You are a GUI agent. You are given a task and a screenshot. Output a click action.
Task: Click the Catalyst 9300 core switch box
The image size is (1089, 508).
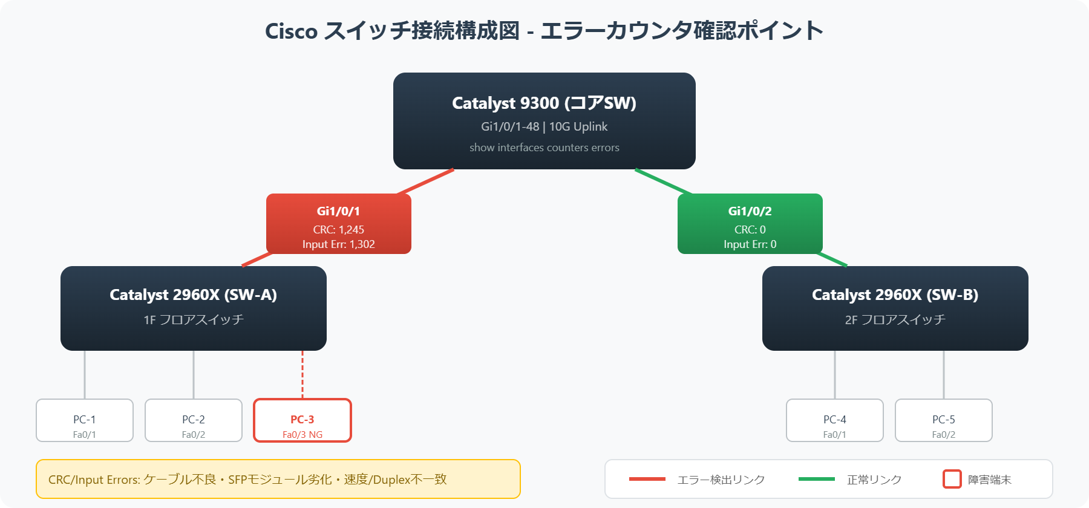(544, 121)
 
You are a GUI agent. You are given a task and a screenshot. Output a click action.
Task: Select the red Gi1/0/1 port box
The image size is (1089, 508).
(338, 224)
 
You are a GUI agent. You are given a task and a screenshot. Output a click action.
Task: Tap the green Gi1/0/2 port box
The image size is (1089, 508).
(750, 224)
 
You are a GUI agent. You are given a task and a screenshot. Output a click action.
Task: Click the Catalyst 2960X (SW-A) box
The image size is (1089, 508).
(193, 308)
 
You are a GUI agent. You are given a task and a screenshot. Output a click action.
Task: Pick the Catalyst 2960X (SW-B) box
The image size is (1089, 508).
(895, 308)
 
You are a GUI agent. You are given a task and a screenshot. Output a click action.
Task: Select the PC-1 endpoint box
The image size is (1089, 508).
(85, 420)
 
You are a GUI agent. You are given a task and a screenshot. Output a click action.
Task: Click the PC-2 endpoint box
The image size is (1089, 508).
(194, 420)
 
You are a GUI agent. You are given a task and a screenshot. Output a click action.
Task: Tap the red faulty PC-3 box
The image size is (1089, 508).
(302, 420)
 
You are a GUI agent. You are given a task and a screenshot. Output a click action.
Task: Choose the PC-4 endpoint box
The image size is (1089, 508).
(834, 420)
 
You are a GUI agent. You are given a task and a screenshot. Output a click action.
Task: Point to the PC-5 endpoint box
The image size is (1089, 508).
(943, 420)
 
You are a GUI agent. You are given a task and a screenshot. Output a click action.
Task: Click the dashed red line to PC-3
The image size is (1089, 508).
(302, 375)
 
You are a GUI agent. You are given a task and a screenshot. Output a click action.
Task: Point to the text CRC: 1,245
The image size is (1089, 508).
(338, 230)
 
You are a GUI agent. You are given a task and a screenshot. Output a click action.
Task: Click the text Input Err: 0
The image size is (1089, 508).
(750, 244)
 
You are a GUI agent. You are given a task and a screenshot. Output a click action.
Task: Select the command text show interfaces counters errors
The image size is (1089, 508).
(544, 148)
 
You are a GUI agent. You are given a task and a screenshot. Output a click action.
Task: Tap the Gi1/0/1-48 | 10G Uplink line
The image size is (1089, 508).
(544, 126)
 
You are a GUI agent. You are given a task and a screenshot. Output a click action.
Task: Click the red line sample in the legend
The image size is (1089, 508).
(647, 479)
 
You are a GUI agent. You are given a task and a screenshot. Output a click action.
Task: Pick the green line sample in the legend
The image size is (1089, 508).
(816, 479)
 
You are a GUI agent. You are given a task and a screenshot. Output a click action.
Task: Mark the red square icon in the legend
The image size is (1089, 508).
(952, 479)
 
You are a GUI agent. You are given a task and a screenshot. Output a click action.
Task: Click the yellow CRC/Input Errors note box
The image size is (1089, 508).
(278, 479)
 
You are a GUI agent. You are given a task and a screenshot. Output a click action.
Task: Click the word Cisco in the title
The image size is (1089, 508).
(291, 31)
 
